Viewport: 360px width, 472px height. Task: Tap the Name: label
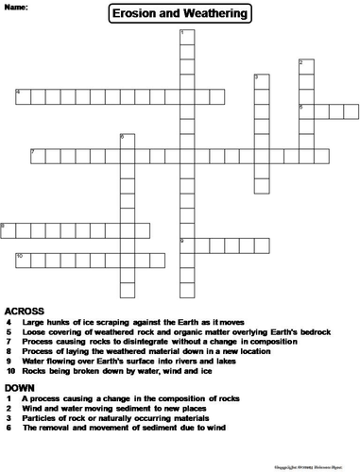pyautogui.click(x=16, y=7)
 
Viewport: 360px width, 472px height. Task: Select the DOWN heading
pyautogui.click(x=20, y=388)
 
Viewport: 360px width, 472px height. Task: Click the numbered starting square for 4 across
pyautogui.click(x=23, y=95)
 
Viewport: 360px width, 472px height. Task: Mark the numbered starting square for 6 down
pyautogui.click(x=125, y=141)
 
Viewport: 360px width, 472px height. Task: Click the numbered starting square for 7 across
pyautogui.click(x=37, y=155)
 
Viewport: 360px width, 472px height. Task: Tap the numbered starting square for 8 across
pyautogui.click(x=8, y=228)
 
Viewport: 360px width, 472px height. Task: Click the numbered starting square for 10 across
pyautogui.click(x=22, y=259)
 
